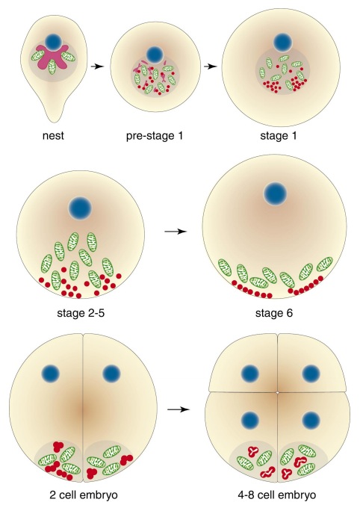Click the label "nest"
click(53, 135)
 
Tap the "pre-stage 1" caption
click(155, 135)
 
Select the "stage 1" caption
click(279, 135)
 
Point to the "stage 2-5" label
click(81, 313)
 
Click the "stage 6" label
click(274, 313)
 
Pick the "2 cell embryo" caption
click(84, 495)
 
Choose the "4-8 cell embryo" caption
click(277, 495)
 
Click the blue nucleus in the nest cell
click(53, 42)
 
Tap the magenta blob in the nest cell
click(52, 57)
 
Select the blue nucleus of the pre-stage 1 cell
click(155, 55)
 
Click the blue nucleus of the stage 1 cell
click(283, 43)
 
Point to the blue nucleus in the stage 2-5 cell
click(80, 208)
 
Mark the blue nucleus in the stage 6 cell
click(276, 194)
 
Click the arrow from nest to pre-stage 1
click(97, 66)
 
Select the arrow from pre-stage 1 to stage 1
click(211, 66)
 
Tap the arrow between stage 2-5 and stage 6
click(176, 232)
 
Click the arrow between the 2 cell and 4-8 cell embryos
click(179, 409)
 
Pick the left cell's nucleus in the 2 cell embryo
click(51, 374)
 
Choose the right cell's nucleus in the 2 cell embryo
click(111, 374)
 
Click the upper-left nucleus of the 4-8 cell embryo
click(250, 374)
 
